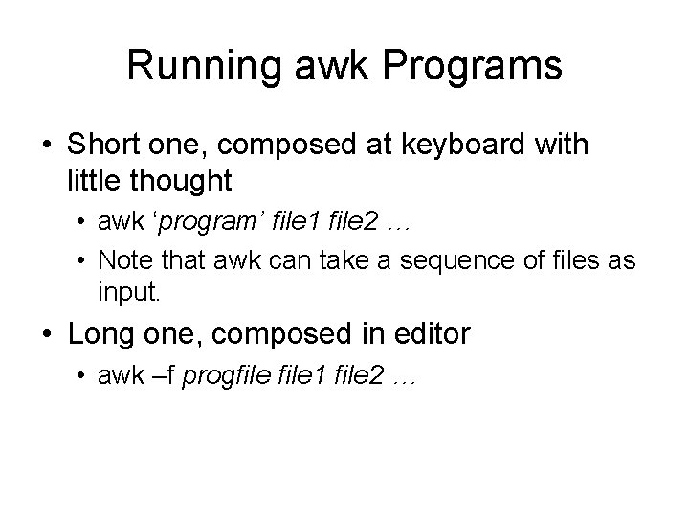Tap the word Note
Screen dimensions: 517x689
[x=121, y=259]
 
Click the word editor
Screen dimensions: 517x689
[x=425, y=334]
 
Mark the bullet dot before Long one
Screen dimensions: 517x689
[x=47, y=335]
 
